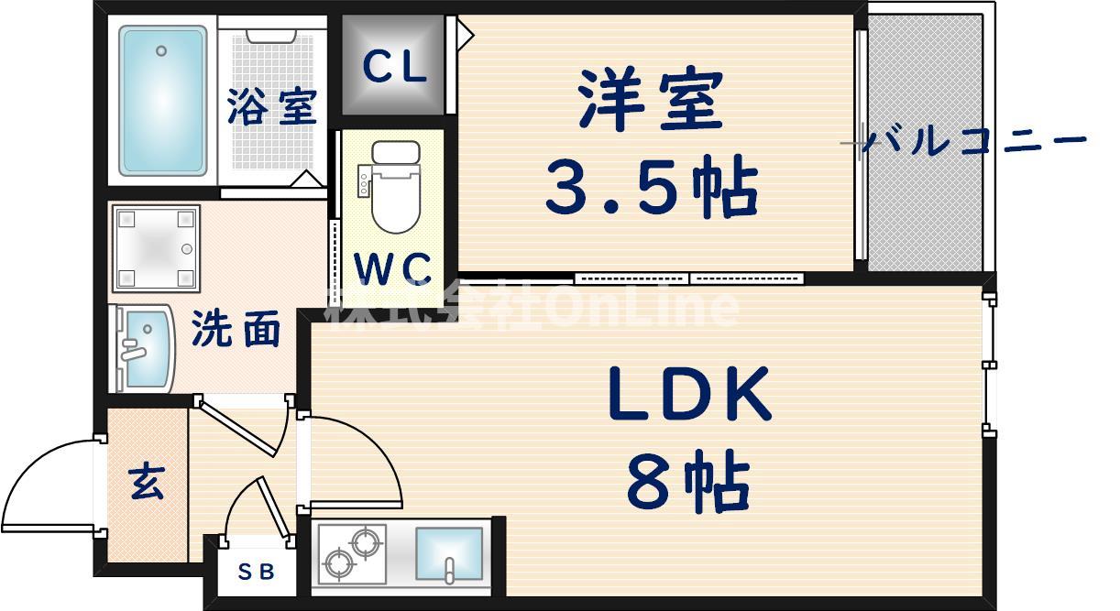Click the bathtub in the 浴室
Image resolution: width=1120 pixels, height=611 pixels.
(x=163, y=101)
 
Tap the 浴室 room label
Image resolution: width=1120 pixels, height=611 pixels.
(x=272, y=106)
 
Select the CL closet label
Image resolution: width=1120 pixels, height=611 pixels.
(x=394, y=67)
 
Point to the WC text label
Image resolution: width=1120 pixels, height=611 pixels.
(x=392, y=268)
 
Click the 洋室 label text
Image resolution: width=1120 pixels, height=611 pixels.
(x=651, y=98)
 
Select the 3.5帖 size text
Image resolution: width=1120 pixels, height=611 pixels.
(x=652, y=186)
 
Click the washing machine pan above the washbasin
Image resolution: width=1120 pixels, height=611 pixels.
(x=157, y=248)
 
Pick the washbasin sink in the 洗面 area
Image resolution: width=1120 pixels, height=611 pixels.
(x=145, y=349)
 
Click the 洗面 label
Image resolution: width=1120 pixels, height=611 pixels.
(x=236, y=328)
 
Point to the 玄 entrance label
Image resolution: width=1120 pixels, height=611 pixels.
(x=147, y=483)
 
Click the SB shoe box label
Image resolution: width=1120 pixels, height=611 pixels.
(x=256, y=572)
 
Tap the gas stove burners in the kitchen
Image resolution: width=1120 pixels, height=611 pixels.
(x=353, y=553)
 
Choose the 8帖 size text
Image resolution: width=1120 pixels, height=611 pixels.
(x=688, y=481)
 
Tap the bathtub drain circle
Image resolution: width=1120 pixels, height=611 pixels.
(x=161, y=50)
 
